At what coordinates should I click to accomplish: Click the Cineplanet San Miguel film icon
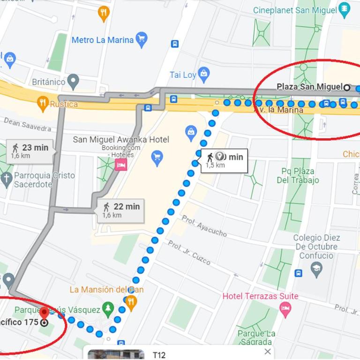(x=345, y=9)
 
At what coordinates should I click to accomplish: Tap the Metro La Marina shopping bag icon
(x=141, y=39)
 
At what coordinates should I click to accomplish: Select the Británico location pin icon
(x=73, y=82)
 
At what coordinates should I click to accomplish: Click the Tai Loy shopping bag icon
(x=203, y=74)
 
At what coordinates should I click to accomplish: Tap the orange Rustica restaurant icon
(x=43, y=103)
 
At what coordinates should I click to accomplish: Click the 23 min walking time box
(x=30, y=151)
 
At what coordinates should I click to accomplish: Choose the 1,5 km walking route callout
(x=224, y=160)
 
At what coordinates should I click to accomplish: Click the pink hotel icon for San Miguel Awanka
(x=120, y=164)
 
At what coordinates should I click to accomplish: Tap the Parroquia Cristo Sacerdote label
(x=44, y=180)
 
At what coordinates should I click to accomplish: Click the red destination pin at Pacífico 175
(x=44, y=313)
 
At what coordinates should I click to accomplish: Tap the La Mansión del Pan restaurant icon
(x=131, y=302)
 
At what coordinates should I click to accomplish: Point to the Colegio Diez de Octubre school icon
(x=316, y=270)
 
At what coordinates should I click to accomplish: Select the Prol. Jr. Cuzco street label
(x=189, y=253)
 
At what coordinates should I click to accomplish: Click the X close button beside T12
(x=268, y=352)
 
